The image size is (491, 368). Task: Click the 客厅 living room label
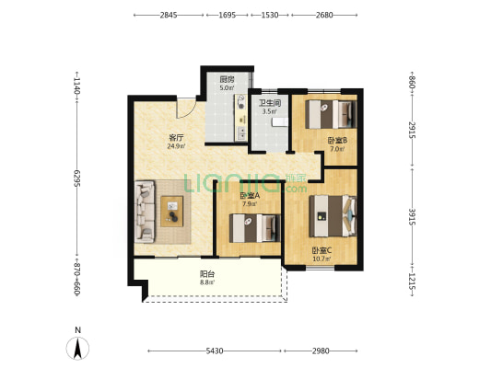(176, 138)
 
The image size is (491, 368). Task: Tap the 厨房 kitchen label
(227, 79)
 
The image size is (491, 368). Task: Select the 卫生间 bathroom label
(269, 103)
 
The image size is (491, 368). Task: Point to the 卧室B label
(337, 141)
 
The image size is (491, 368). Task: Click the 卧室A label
(250, 196)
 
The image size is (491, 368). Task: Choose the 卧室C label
(321, 250)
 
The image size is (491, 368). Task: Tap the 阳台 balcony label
(207, 274)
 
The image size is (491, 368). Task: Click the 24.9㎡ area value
(176, 146)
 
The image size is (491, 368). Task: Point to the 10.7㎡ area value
(321, 259)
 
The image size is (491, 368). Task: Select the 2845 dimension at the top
(169, 15)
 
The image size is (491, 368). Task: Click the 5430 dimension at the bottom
(215, 351)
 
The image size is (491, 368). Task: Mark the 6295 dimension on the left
(77, 178)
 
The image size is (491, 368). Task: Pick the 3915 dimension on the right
(412, 217)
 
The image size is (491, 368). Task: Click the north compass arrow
(78, 348)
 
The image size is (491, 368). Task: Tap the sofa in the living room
(145, 212)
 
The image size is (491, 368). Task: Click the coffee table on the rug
(172, 212)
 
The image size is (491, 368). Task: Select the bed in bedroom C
(333, 216)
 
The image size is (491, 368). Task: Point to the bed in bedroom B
(331, 114)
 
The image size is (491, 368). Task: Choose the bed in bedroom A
(255, 228)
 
